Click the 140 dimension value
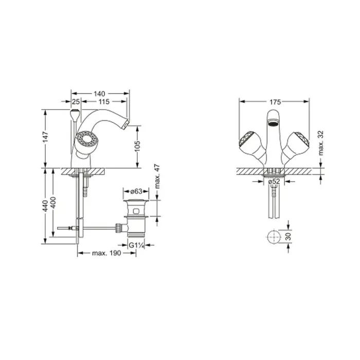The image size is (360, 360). click(x=99, y=94)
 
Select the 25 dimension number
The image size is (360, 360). click(x=76, y=101)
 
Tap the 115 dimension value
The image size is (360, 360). click(x=104, y=101)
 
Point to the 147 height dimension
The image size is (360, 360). click(x=45, y=137)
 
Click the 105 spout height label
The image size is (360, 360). click(x=137, y=146)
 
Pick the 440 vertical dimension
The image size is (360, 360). click(x=45, y=206)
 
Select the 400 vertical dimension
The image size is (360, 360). click(x=53, y=203)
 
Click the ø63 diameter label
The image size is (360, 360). click(x=136, y=191)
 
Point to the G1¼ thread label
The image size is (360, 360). click(x=136, y=245)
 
